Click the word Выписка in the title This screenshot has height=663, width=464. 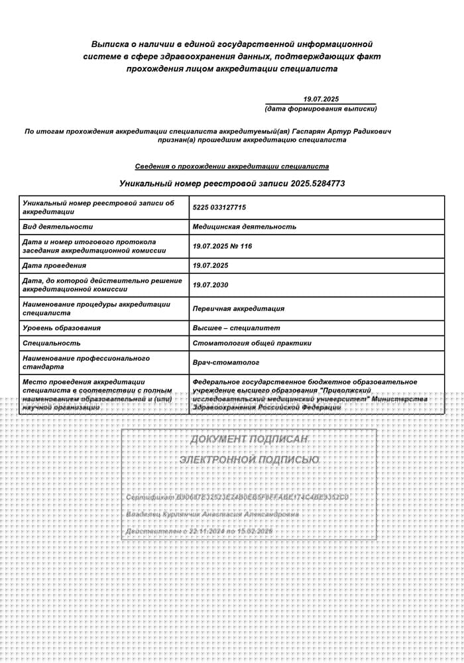point(111,44)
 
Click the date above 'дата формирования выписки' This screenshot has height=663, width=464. point(321,99)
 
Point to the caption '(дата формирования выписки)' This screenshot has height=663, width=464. point(321,108)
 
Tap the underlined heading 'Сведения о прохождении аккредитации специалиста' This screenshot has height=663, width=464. point(232,166)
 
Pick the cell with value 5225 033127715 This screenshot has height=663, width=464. point(219,208)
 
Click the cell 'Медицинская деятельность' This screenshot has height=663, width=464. point(245,227)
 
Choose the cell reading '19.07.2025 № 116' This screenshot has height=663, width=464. point(223,246)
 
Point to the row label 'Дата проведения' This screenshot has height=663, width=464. point(54,266)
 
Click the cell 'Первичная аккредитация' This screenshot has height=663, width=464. point(239,308)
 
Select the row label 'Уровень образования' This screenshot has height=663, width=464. point(62,328)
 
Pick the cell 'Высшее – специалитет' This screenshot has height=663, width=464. point(237,328)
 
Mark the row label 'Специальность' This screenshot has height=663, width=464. point(52,343)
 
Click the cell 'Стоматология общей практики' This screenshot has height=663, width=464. point(252,343)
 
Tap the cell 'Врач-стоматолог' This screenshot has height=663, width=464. point(226,363)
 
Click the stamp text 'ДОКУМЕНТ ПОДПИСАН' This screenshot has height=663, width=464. point(249,440)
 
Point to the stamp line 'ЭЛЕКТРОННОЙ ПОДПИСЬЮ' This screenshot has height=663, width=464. point(249,459)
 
